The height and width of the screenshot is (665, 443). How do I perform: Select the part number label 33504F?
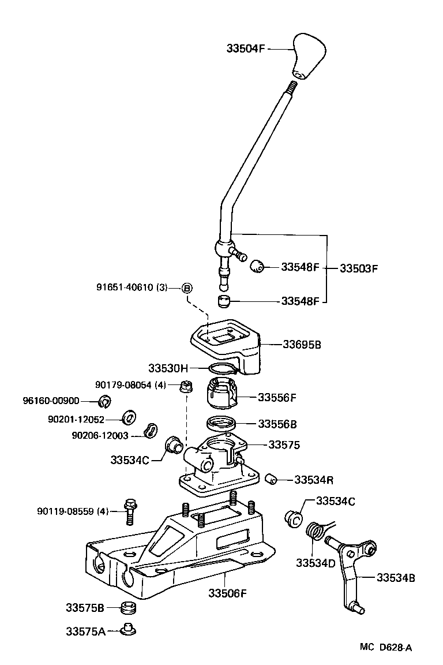(x=245, y=49)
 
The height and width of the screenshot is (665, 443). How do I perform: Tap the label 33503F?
(x=358, y=268)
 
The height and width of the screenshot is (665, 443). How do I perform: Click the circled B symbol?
(x=187, y=288)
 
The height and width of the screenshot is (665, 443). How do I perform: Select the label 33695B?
(x=302, y=345)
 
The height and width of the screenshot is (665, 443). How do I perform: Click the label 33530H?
(x=168, y=368)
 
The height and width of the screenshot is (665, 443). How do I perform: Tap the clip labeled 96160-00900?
(x=105, y=401)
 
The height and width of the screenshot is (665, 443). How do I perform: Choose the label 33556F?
(x=277, y=397)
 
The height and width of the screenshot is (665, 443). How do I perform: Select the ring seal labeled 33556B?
(x=221, y=422)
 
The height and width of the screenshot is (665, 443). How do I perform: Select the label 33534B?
(x=396, y=577)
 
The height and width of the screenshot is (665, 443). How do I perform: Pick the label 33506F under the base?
(x=228, y=593)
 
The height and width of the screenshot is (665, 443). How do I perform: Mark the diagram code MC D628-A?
(x=386, y=648)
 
